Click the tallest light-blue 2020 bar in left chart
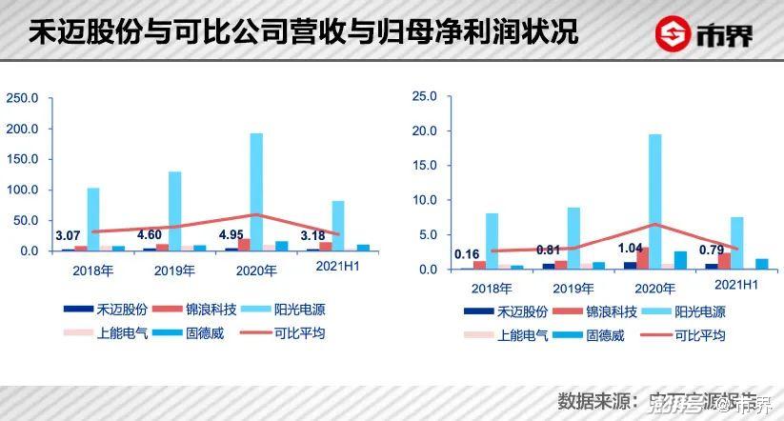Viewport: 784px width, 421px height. pyautogui.click(x=256, y=190)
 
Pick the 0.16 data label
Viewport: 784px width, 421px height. pyautogui.click(x=467, y=254)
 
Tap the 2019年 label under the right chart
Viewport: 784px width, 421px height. pyautogui.click(x=573, y=287)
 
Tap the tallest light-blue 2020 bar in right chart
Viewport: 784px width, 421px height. pyautogui.click(x=655, y=201)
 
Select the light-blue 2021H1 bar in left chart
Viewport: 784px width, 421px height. pyautogui.click(x=338, y=225)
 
